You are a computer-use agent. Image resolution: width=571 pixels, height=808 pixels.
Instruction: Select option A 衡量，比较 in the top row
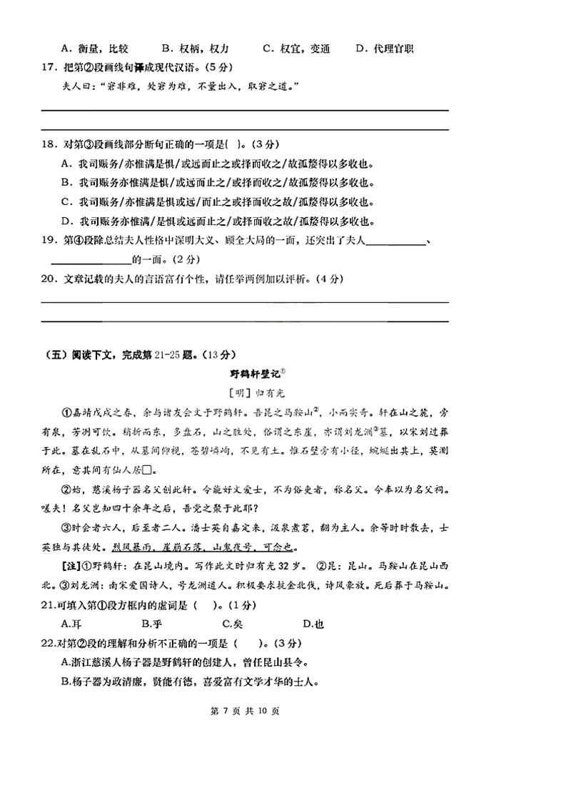(x=94, y=49)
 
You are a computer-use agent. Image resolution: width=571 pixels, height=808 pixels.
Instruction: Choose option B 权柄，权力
(x=195, y=49)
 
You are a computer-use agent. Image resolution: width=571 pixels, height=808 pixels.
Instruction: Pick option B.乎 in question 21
(x=149, y=624)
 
